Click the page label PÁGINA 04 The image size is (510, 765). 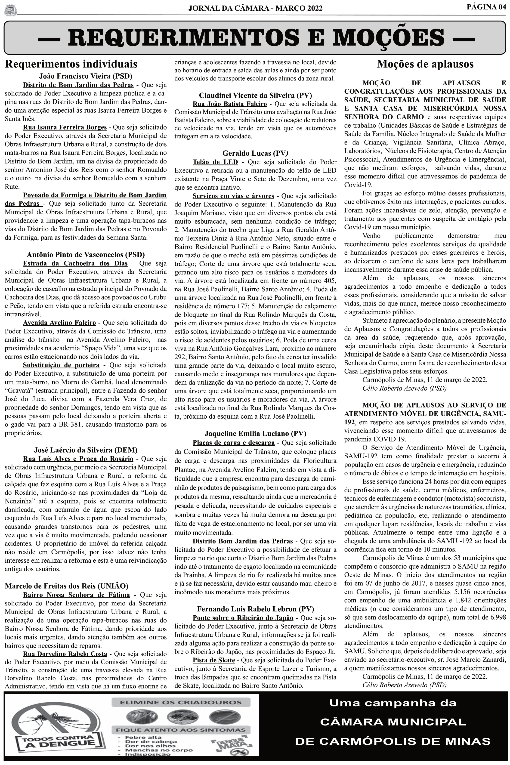coord(486,7)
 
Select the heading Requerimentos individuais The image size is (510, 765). coord(71,64)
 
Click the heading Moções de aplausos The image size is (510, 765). coord(425,64)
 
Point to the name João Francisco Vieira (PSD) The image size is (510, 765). coord(86,76)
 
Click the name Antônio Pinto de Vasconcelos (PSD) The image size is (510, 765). coord(86,255)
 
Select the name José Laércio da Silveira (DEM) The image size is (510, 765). coord(86,450)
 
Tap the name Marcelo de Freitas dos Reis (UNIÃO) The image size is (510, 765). coord(66,586)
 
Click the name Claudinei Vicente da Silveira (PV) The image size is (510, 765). coord(255,95)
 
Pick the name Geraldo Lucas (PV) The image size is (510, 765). coord(255,153)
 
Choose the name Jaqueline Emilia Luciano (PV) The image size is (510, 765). coord(255,433)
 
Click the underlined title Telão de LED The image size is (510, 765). coord(215,162)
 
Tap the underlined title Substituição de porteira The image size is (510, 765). coord(61,365)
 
